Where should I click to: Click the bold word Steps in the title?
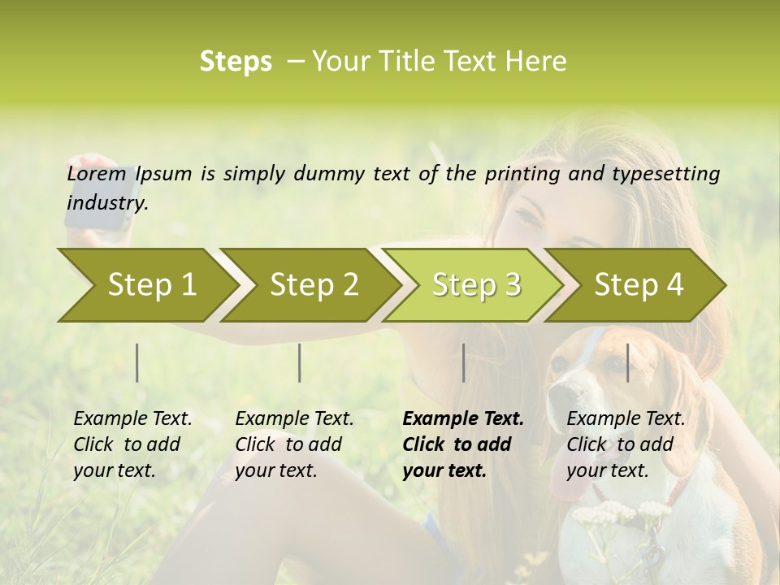pos(236,62)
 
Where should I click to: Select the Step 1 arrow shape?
pos(146,285)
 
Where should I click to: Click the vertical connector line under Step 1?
pos(137,362)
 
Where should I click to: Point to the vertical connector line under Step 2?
pos(300,362)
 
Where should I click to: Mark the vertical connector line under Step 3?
pos(463,362)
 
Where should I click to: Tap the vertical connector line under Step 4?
pos(627,362)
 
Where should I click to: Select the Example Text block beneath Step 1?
pos(132,444)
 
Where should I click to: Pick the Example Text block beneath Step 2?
pos(294,444)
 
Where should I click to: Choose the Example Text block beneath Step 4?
pos(626,444)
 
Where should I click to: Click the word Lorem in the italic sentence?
pos(97,174)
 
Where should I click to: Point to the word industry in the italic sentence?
pos(106,203)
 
